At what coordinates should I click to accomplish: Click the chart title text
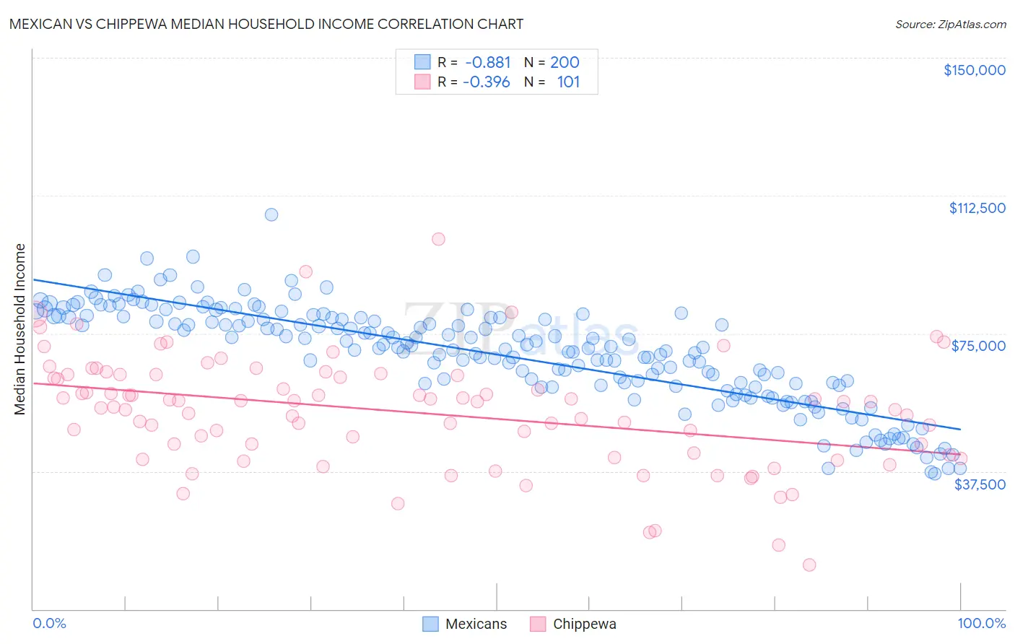pos(266,24)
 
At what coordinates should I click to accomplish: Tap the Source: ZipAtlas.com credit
pos(950,24)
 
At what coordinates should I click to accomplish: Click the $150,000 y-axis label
pos(974,70)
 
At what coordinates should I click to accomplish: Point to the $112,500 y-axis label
pos(977,208)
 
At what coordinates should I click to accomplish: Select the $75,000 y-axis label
pos(978,346)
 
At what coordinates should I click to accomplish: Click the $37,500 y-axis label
pos(979,484)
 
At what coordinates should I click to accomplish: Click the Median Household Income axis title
pos(20,329)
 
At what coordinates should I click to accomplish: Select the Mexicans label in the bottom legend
pos(476,625)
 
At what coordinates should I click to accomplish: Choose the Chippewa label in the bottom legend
pos(584,625)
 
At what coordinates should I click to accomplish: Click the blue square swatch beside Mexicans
pos(430,625)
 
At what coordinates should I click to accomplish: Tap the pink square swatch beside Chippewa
pos(538,625)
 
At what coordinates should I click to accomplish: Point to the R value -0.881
pos(487,62)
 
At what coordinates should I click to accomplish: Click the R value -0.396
pos(486,82)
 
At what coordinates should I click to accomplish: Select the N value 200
pos(565,62)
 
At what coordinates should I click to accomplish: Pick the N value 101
pos(568,82)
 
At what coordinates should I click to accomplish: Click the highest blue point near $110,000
pos(271,214)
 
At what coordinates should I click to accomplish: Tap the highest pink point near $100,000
pos(438,239)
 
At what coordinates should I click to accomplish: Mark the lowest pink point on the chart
pos(809,565)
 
